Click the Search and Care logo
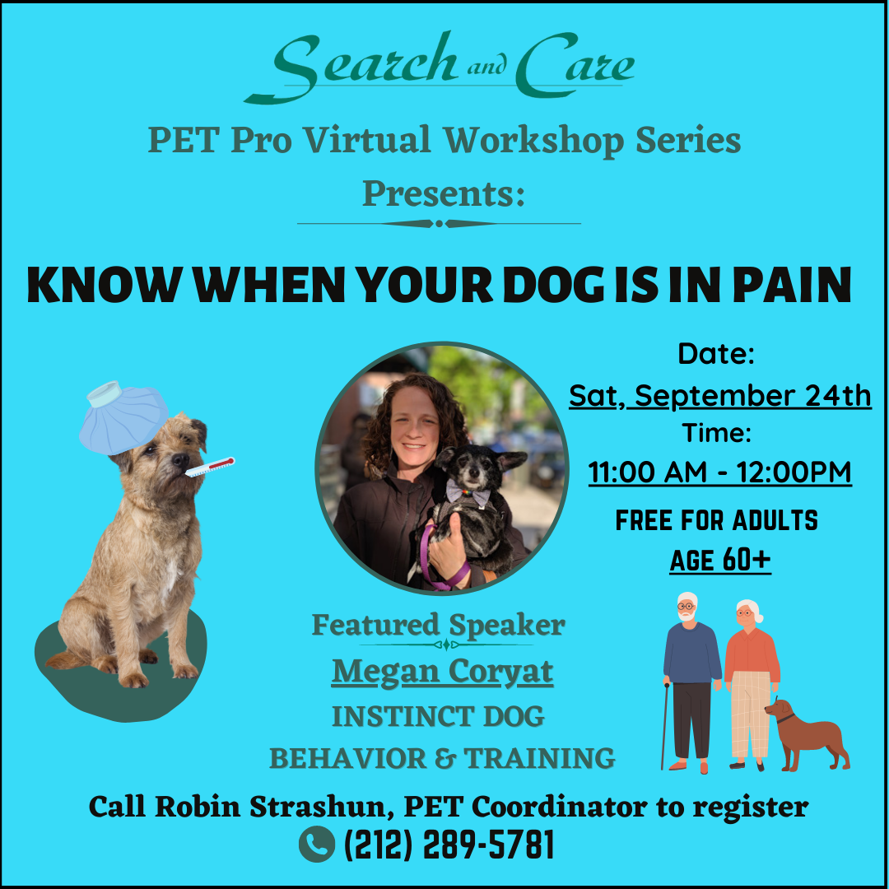pos(440,67)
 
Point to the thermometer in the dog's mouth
pos(210,467)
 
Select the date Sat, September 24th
pos(720,396)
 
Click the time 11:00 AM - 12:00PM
pos(720,472)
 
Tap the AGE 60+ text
pos(720,561)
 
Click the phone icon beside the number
pos(316,845)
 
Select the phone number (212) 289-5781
pos(449,845)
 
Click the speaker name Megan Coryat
pos(442,672)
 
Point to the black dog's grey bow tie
pos(468,493)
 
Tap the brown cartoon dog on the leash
pos(807,735)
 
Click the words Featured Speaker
pos(439,626)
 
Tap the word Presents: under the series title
pos(444,194)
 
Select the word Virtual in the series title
pos(367,140)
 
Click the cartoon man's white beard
pos(687,616)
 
